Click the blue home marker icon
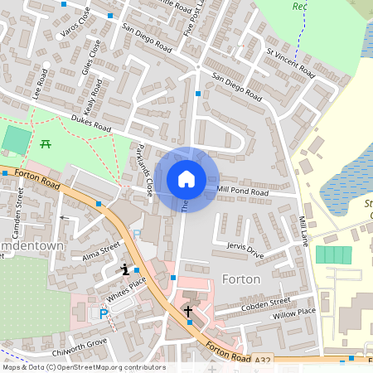click(x=186, y=178)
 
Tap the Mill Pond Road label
click(x=243, y=191)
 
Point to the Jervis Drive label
click(x=245, y=250)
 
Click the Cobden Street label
click(x=266, y=304)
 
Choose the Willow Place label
click(x=294, y=312)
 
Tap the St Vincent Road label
click(x=290, y=63)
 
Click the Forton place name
click(x=240, y=279)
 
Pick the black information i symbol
click(x=125, y=269)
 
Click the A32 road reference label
click(x=263, y=359)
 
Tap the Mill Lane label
click(x=303, y=233)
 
